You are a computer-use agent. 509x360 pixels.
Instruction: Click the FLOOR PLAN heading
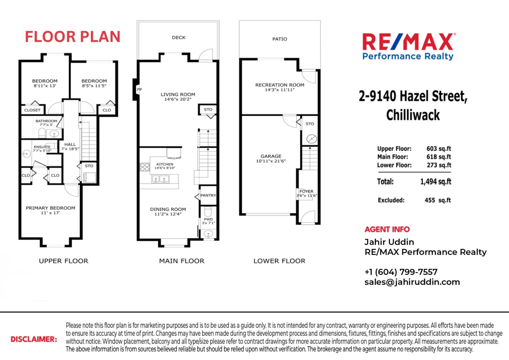[x=73, y=37]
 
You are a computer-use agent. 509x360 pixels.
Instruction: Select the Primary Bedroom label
[x=50, y=208]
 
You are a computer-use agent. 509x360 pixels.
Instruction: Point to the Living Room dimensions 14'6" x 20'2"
[x=178, y=100]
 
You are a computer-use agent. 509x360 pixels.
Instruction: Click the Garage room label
[x=271, y=156]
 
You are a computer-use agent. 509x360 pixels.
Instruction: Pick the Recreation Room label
[x=280, y=85]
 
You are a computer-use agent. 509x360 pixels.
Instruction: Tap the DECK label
[x=179, y=38]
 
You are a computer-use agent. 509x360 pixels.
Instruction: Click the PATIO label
[x=280, y=39]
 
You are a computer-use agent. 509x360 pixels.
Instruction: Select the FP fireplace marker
[x=139, y=90]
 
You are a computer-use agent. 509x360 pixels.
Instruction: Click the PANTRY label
[x=209, y=195]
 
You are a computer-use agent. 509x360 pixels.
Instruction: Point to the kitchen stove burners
[x=144, y=167]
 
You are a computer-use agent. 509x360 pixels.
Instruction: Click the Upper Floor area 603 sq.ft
[x=439, y=149]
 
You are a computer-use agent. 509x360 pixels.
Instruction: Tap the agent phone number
[x=401, y=272]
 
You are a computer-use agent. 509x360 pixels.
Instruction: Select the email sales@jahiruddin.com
[x=412, y=282]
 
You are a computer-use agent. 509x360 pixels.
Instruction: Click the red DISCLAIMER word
[x=34, y=339]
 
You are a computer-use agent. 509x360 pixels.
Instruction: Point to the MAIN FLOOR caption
[x=182, y=261]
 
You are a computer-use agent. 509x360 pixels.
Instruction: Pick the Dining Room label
[x=168, y=209]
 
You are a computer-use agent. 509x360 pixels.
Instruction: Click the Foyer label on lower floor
[x=306, y=192]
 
